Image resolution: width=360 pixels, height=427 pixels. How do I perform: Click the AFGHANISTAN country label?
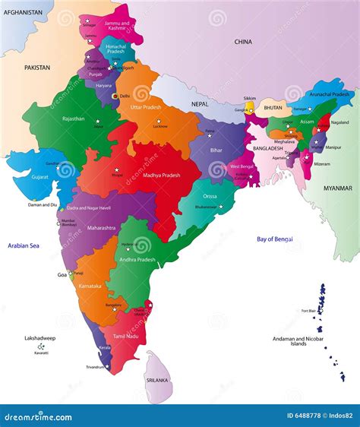pos(22,12)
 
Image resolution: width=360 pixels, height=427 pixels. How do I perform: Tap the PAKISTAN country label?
pos(36,68)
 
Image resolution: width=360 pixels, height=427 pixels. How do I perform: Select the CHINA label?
pos(243,42)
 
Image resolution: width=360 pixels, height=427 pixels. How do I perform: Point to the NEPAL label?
pos(200,103)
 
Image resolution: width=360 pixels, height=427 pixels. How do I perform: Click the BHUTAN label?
pos(273,108)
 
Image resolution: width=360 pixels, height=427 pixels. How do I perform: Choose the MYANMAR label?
pos(338,188)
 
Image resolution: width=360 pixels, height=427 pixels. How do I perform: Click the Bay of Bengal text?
pos(275,239)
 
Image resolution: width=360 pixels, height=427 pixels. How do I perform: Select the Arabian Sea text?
pos(24,245)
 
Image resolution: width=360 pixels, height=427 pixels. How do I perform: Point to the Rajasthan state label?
pos(74,119)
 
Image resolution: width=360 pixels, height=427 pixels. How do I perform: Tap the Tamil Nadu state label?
pos(125,335)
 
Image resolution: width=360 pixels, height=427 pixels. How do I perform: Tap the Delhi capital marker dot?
pos(115,96)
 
